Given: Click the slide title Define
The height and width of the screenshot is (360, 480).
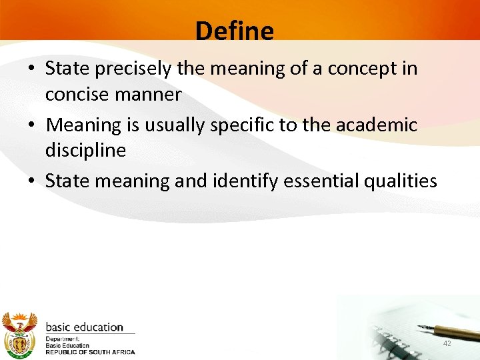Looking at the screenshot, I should [235, 31].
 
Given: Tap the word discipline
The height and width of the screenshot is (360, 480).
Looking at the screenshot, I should [85, 151].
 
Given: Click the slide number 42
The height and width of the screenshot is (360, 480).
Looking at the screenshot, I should [447, 343].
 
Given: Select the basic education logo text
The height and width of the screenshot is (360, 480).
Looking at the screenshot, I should [84, 327].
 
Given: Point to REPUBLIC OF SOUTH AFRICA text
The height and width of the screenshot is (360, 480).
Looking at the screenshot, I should [90, 352].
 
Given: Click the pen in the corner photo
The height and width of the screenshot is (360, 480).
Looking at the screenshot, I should [447, 330].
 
